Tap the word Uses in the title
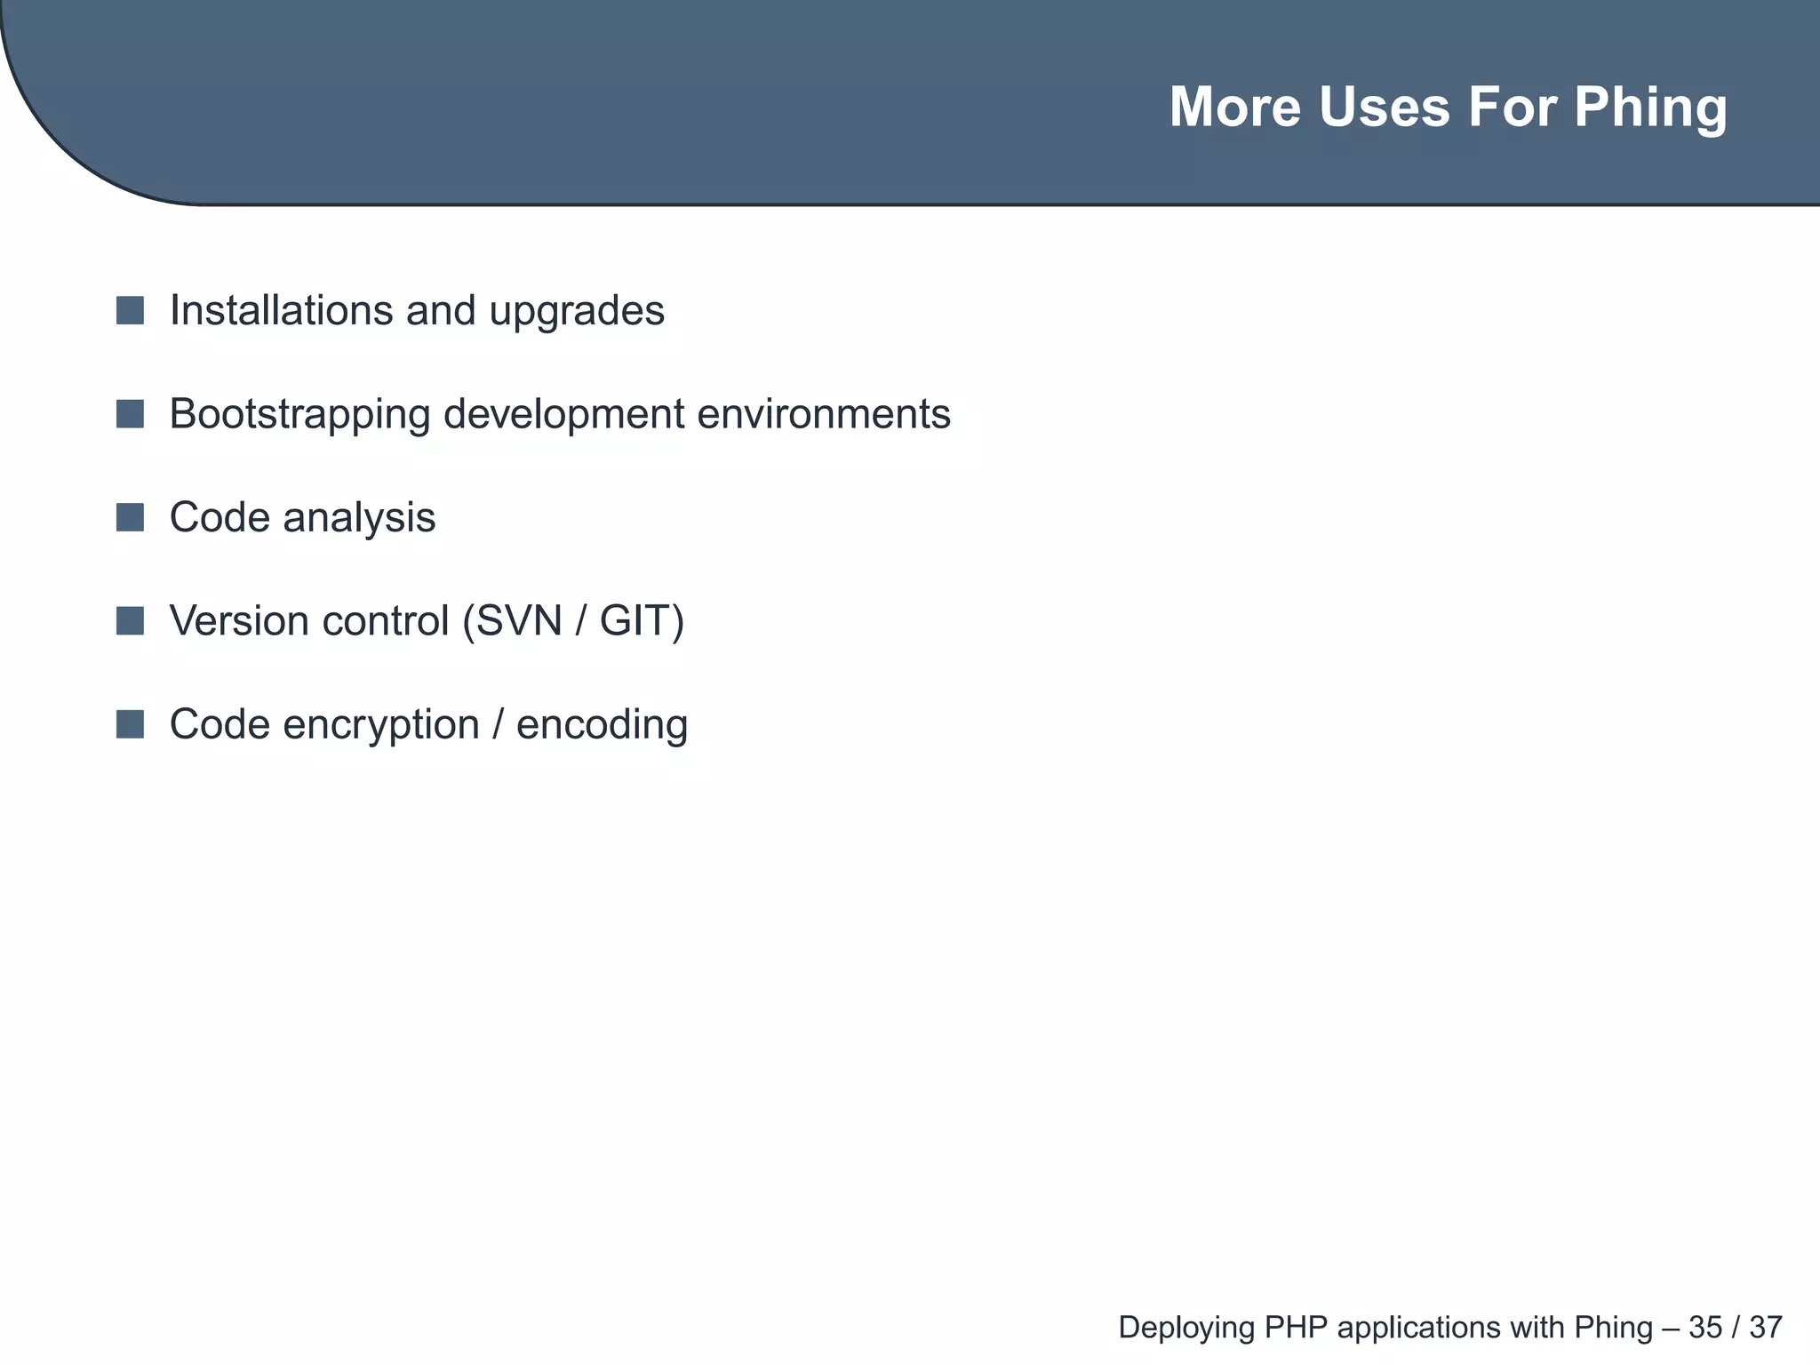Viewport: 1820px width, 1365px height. click(1384, 107)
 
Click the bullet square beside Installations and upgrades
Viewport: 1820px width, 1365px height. click(130, 311)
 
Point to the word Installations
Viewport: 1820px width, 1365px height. click(282, 311)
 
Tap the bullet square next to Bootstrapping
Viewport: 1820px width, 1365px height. click(130, 414)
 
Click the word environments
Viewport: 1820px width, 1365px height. click(824, 414)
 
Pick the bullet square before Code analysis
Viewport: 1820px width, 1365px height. click(130, 517)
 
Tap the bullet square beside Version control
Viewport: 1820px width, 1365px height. click(130, 621)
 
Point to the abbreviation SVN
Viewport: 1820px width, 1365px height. click(520, 621)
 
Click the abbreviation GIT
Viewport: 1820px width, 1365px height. click(635, 621)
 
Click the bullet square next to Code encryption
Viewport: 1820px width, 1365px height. click(130, 724)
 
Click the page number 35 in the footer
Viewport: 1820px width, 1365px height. click(1704, 1328)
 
